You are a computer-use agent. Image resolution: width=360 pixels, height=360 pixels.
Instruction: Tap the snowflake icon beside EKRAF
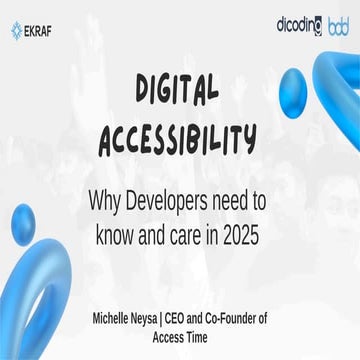pyautogui.click(x=17, y=29)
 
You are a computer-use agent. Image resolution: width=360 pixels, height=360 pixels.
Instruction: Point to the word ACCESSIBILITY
pyautogui.click(x=177, y=141)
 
